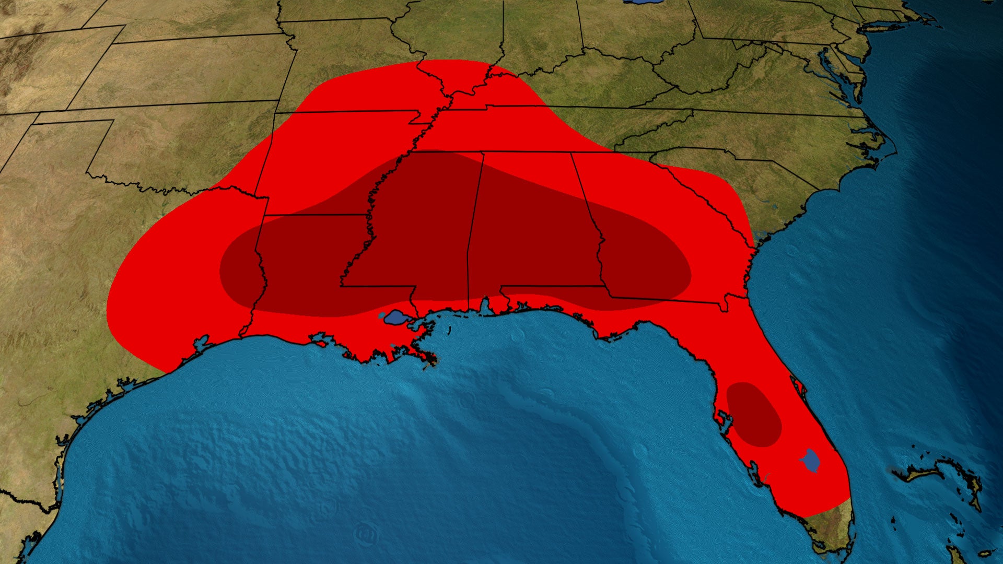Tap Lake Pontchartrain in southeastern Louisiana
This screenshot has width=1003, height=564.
[395, 317]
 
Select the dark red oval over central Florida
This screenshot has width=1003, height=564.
[753, 415]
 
